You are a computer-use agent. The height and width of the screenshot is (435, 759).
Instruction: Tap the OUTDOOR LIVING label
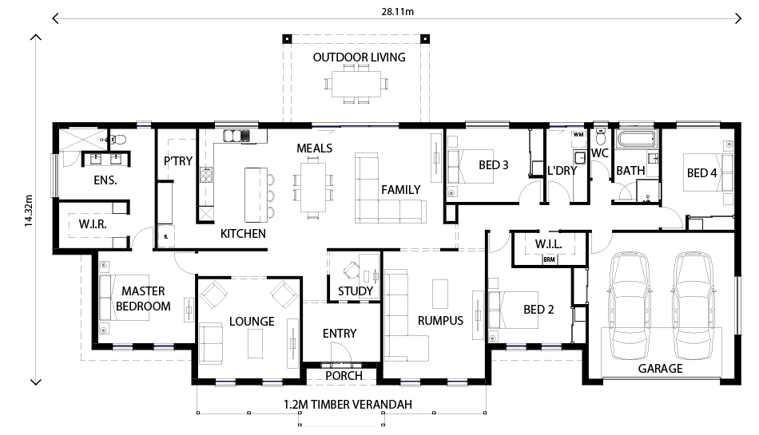[359, 57]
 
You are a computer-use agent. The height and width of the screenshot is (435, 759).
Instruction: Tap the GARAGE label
[660, 369]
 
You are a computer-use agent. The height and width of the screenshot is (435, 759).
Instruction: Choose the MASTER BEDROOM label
[144, 299]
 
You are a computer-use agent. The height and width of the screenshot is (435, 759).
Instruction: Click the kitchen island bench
[256, 195]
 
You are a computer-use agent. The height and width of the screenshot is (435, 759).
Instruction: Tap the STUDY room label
[355, 291]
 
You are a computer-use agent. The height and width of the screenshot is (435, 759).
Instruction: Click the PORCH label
[344, 375]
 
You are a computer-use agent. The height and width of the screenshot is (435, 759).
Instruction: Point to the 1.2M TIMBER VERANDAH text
[348, 405]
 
